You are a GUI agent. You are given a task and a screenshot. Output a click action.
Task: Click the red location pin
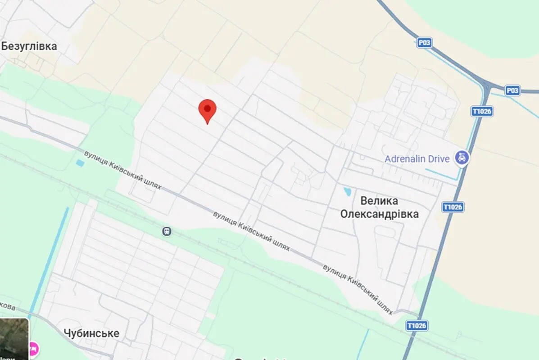pyautogui.click(x=207, y=109)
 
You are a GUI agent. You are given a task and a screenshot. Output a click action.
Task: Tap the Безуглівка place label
pyautogui.click(x=29, y=46)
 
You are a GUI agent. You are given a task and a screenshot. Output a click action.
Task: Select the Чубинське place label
pyautogui.click(x=91, y=333)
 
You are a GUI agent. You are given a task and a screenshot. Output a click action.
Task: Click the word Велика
pyautogui.click(x=379, y=201)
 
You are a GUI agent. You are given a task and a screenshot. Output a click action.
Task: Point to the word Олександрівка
pyautogui.click(x=379, y=214)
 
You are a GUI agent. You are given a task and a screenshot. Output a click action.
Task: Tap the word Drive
pyautogui.click(x=440, y=159)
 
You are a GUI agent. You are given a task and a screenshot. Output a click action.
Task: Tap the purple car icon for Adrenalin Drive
pyautogui.click(x=462, y=158)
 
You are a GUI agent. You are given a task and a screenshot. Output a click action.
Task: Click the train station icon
pyautogui.click(x=167, y=231)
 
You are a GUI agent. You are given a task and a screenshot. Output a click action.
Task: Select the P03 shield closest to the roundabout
pyautogui.click(x=512, y=90)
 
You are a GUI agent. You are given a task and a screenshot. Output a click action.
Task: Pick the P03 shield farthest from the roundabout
pyautogui.click(x=424, y=43)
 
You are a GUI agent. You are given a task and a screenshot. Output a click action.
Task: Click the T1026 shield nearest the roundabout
pyautogui.click(x=482, y=111)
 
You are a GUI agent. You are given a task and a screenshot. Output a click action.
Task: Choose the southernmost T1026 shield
pyautogui.click(x=417, y=325)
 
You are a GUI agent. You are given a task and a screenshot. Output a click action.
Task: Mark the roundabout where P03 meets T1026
pyautogui.click(x=487, y=85)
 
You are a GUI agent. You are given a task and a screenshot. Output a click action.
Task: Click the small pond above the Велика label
pyautogui.click(x=348, y=192)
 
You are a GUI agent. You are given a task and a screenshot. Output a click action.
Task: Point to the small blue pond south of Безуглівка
pyautogui.click(x=80, y=163)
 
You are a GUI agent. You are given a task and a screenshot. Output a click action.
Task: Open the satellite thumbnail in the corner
pyautogui.click(x=14, y=338)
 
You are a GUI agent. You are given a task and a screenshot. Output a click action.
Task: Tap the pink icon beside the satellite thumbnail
pyautogui.click(x=34, y=348)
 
